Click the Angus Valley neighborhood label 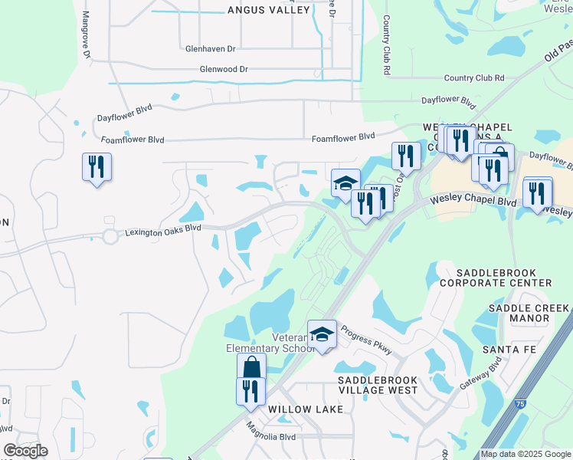pos(269,10)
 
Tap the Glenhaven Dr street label pos(210,48)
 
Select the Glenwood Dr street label pos(224,69)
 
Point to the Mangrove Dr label pos(87,35)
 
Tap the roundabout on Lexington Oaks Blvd pos(110,236)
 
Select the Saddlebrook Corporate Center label pos(504,278)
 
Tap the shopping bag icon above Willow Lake pos(251,367)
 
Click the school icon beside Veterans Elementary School pos(323,334)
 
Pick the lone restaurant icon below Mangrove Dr pos(97,166)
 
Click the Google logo pos(25,451)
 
